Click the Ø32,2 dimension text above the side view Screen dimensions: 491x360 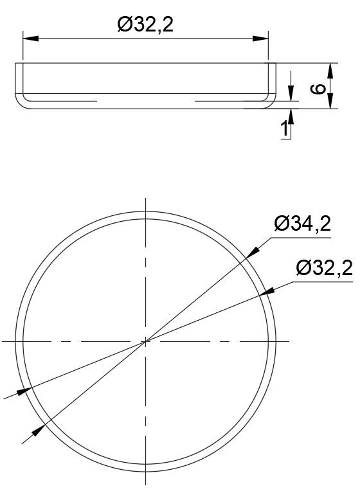tap(146, 25)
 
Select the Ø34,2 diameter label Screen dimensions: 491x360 tap(302, 224)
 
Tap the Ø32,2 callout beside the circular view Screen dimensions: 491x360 tap(325, 269)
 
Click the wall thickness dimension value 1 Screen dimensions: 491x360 tap(283, 129)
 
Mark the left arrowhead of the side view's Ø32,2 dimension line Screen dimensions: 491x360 tap(30, 39)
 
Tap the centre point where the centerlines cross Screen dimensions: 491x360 tap(146, 341)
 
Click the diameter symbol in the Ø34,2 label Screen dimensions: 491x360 tap(281, 224)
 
